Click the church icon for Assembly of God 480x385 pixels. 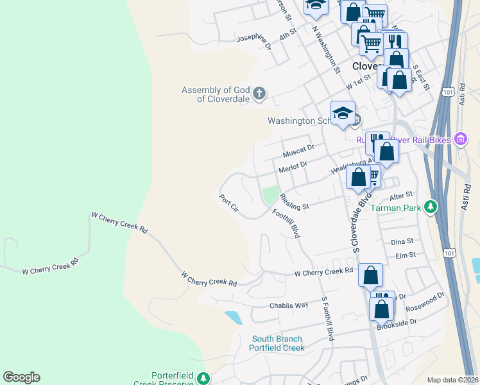click(259, 94)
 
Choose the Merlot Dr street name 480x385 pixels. click(293, 167)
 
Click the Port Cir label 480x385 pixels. click(228, 207)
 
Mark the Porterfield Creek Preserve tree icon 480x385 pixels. click(203, 377)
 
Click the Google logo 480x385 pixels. click(21, 377)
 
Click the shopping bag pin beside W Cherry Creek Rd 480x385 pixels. click(370, 275)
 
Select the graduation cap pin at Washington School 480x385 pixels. click(343, 113)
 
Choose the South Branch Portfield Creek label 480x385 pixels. click(277, 343)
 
